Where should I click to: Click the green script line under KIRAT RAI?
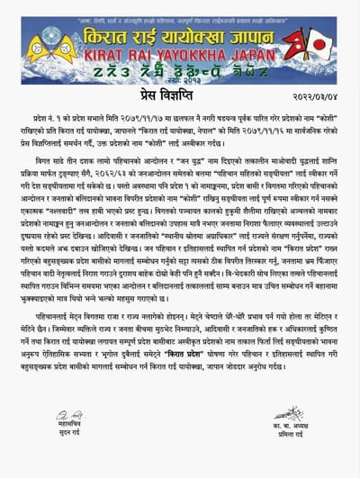[180, 69]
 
